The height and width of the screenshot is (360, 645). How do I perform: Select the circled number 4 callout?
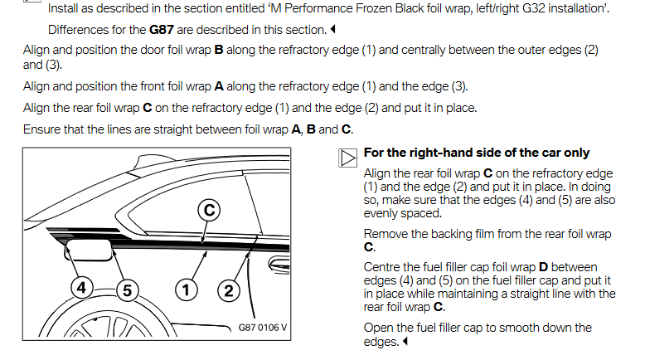(81, 289)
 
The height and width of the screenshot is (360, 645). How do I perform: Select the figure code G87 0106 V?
(262, 327)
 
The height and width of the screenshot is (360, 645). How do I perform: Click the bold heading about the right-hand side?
(476, 153)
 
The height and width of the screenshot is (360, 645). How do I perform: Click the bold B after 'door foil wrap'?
(219, 50)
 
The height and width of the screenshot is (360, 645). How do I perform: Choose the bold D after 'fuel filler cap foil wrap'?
(544, 267)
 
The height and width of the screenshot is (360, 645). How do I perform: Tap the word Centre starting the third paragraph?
(385, 267)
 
